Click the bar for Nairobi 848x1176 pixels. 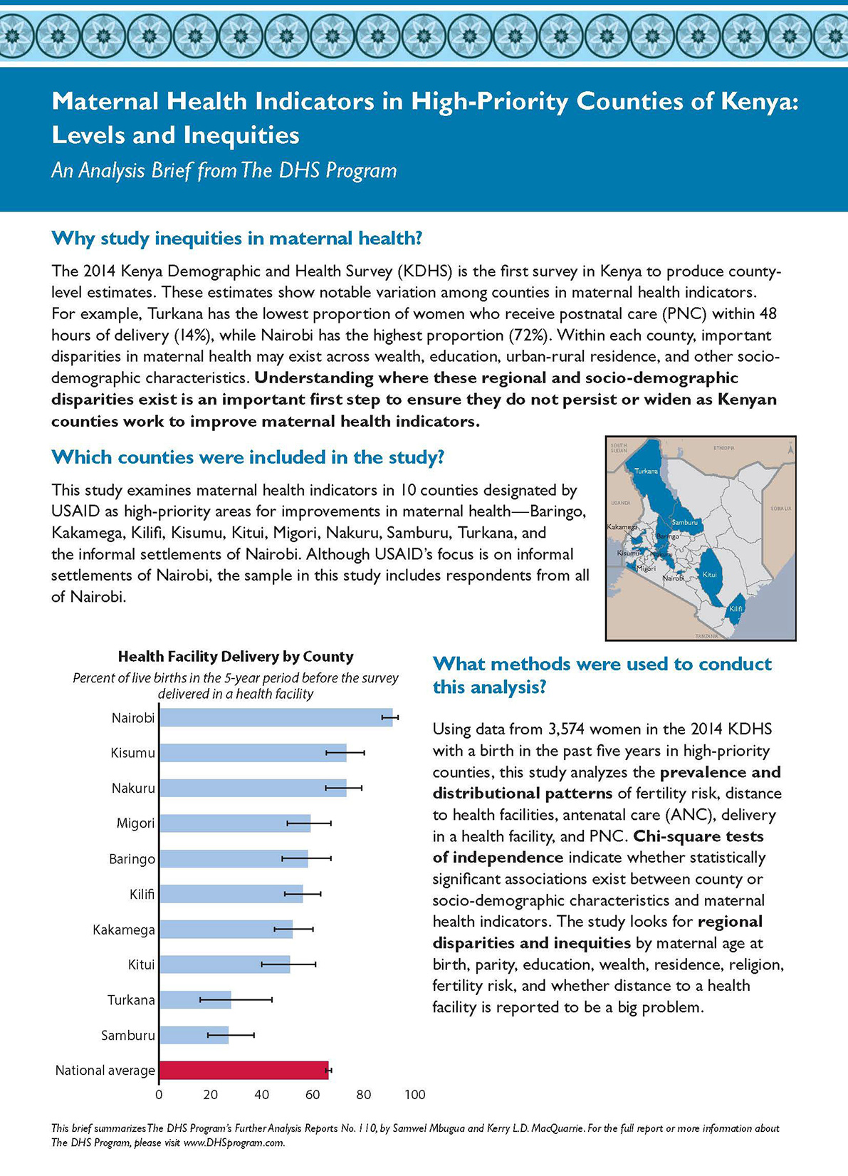(x=275, y=717)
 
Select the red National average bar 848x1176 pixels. (x=244, y=1070)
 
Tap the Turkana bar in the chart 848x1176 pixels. (x=195, y=999)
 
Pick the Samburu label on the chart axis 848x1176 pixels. (x=128, y=1035)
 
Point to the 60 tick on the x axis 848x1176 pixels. (x=313, y=1095)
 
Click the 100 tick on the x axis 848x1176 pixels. (x=414, y=1095)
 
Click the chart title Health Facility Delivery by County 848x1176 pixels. (x=236, y=656)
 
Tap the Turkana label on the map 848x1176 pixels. (x=647, y=471)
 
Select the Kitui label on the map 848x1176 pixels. (x=709, y=574)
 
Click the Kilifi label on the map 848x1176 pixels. (x=736, y=609)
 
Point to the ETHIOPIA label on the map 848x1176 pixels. (x=723, y=448)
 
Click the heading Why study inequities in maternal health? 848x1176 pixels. (x=237, y=238)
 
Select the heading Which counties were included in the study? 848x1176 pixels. (x=248, y=457)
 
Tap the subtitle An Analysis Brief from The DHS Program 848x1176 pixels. (x=224, y=171)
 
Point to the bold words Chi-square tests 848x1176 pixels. (x=698, y=836)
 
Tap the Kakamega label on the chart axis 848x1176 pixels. (x=124, y=930)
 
